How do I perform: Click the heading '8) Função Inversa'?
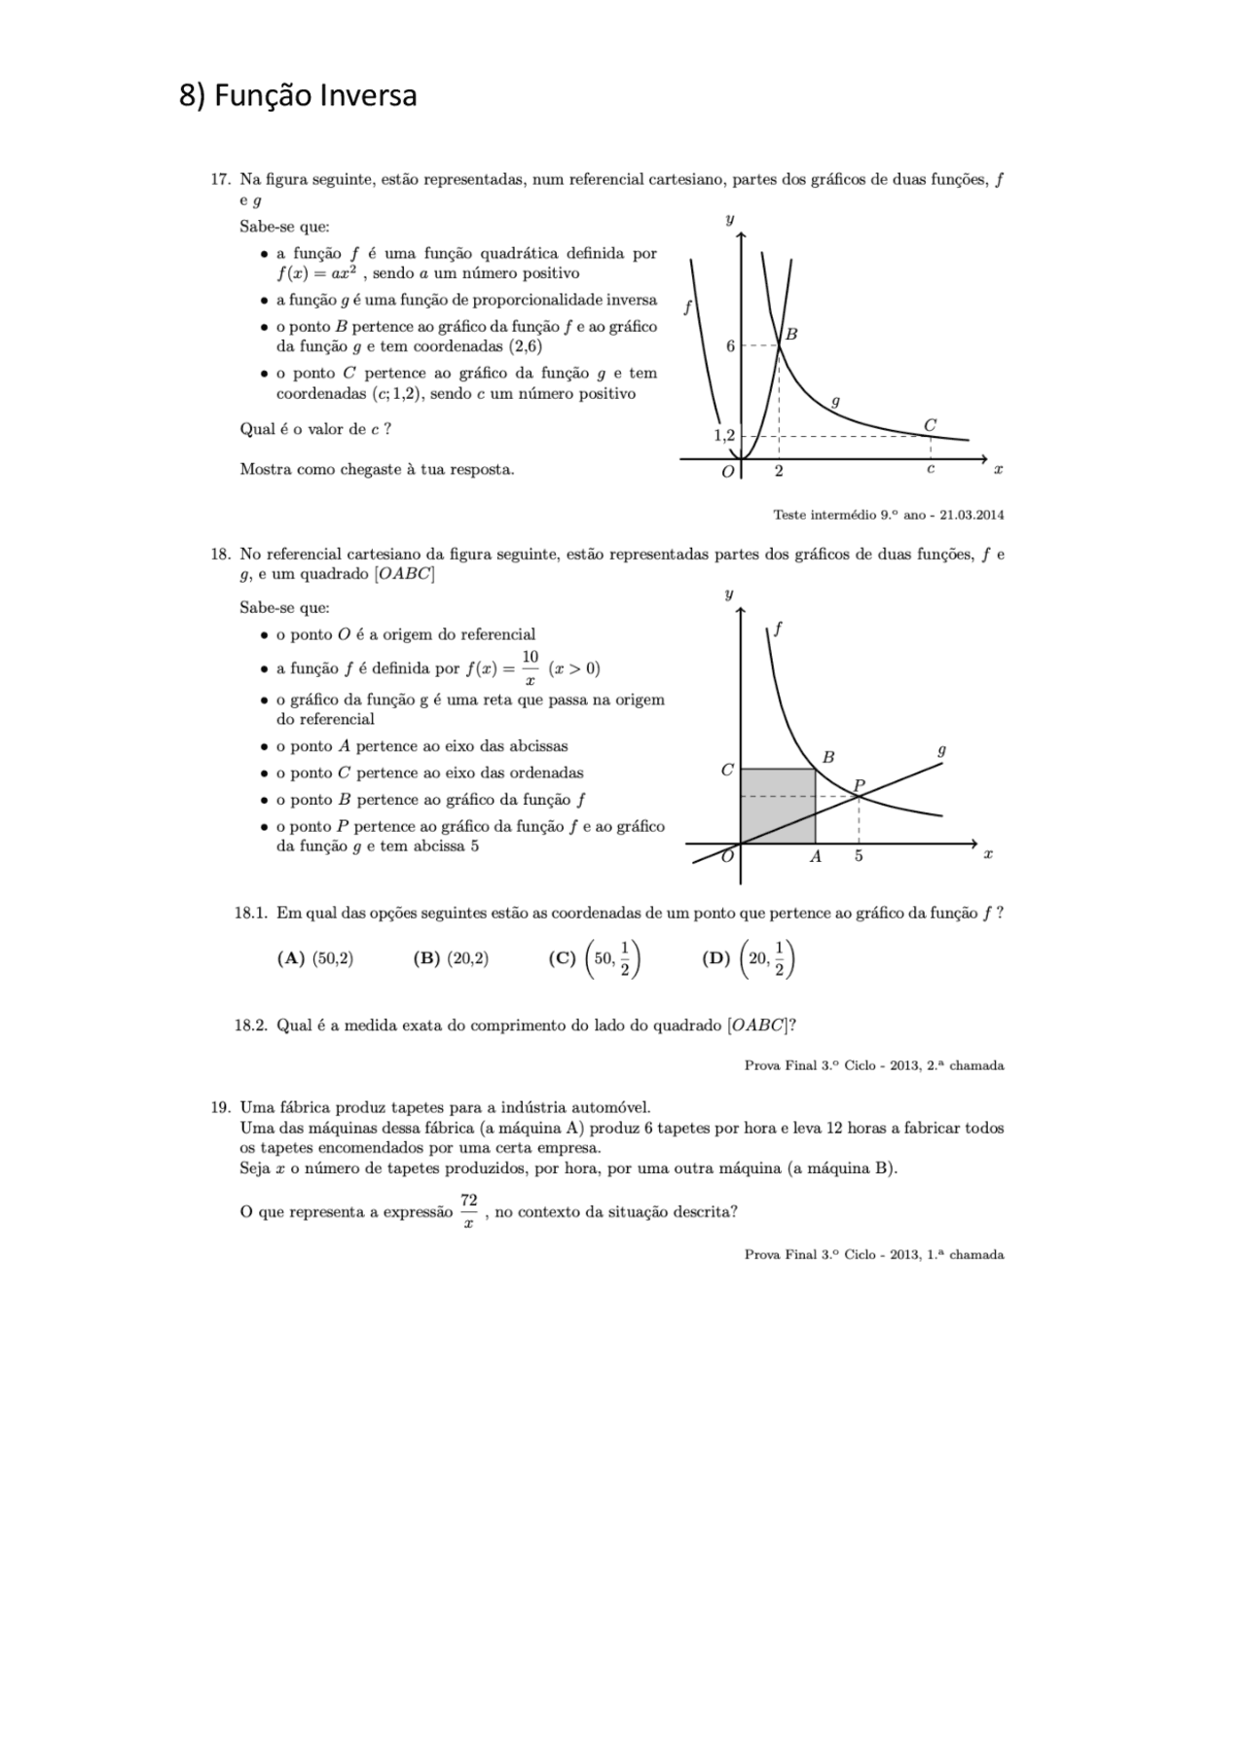298,95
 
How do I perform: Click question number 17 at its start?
219,179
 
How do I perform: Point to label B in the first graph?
791,334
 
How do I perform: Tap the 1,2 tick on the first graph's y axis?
724,435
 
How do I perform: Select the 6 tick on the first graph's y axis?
731,345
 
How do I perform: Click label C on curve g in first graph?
930,425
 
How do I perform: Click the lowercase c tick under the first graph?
931,470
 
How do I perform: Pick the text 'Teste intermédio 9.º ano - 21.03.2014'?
888,514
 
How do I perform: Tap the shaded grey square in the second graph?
777,806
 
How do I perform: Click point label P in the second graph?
859,784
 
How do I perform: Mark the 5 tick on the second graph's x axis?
859,856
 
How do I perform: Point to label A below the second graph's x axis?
816,856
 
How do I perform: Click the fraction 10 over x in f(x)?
530,668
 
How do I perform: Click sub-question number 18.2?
250,1025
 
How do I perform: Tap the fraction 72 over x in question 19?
468,1211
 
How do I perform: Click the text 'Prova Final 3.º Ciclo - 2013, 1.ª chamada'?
873,1254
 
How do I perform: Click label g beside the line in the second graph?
941,751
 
